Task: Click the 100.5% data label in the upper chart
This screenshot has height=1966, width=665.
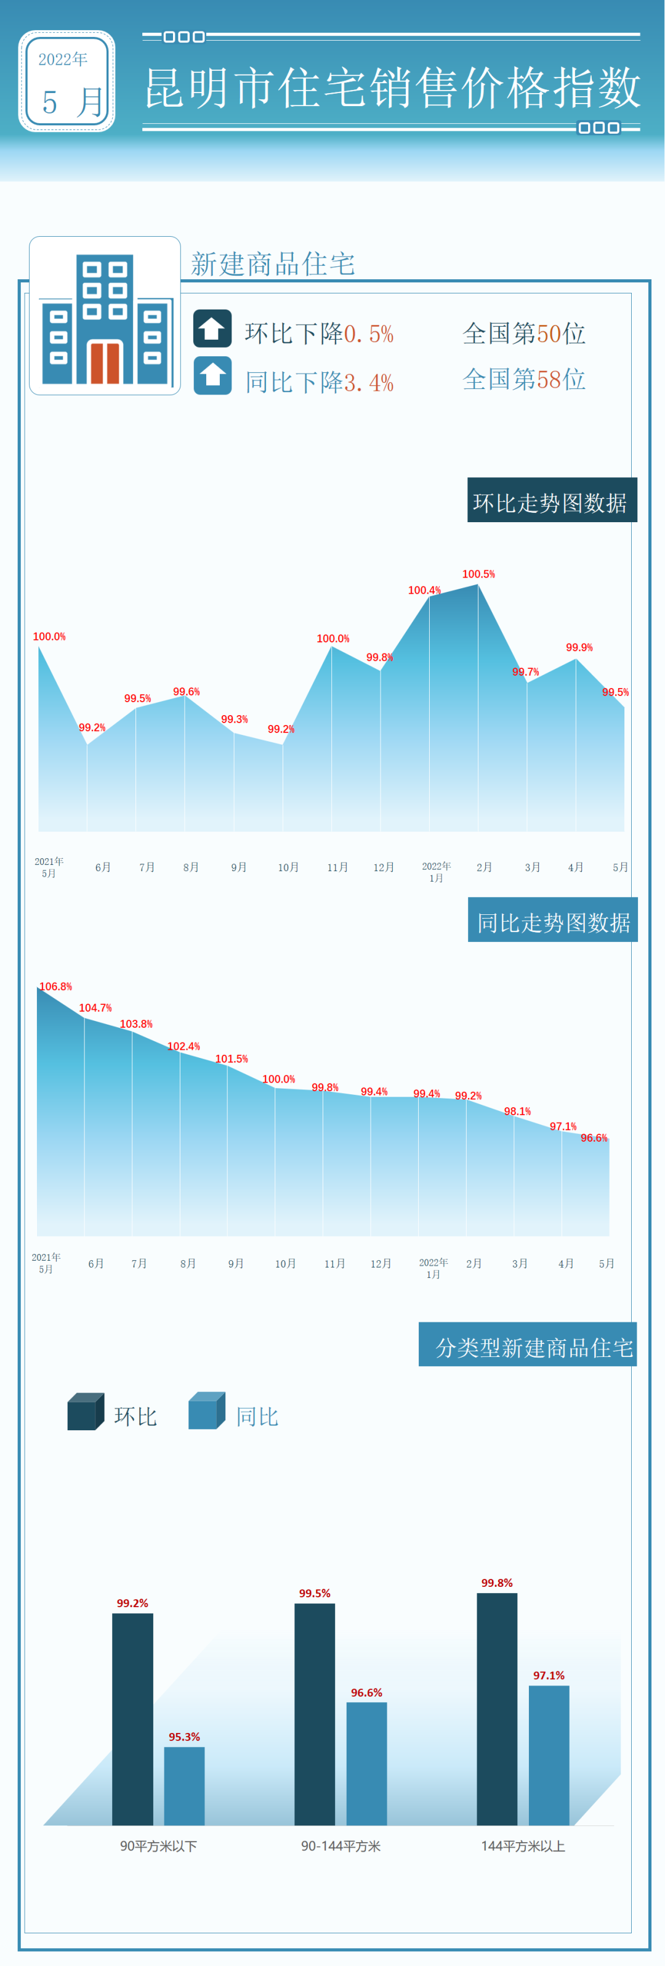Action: click(x=478, y=574)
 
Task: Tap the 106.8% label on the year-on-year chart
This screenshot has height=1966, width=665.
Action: click(x=55, y=987)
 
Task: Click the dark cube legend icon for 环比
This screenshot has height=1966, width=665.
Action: click(x=84, y=1412)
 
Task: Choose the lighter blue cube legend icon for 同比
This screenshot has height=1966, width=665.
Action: click(x=206, y=1412)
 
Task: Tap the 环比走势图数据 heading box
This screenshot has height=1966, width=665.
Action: click(x=551, y=501)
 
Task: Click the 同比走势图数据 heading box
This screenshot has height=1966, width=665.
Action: click(x=552, y=921)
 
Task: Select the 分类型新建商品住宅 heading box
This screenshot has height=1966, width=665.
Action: click(x=527, y=1346)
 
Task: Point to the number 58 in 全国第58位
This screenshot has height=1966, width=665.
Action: click(x=549, y=379)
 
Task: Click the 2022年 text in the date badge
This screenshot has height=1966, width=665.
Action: click(x=63, y=60)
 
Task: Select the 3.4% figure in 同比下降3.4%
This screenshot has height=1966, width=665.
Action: click(x=369, y=382)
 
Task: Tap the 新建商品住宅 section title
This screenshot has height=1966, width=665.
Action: click(x=272, y=264)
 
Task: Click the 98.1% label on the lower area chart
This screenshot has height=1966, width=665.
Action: click(x=517, y=1111)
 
